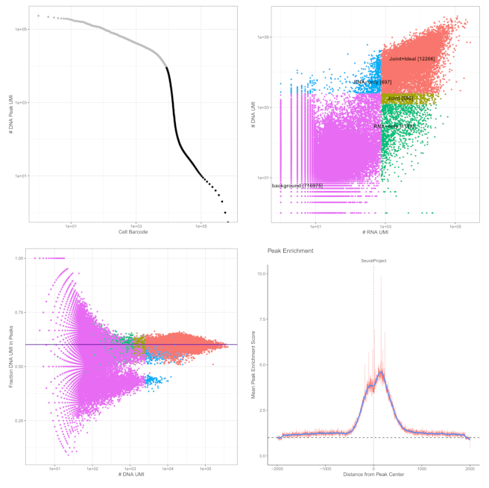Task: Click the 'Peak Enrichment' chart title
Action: (290, 251)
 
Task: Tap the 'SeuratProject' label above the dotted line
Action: (373, 261)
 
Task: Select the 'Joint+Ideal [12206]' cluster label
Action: (411, 58)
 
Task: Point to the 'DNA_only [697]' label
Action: (372, 81)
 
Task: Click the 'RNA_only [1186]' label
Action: (394, 127)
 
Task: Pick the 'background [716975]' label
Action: (297, 185)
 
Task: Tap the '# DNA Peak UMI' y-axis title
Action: (10, 112)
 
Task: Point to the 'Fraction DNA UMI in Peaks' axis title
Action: (10, 354)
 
